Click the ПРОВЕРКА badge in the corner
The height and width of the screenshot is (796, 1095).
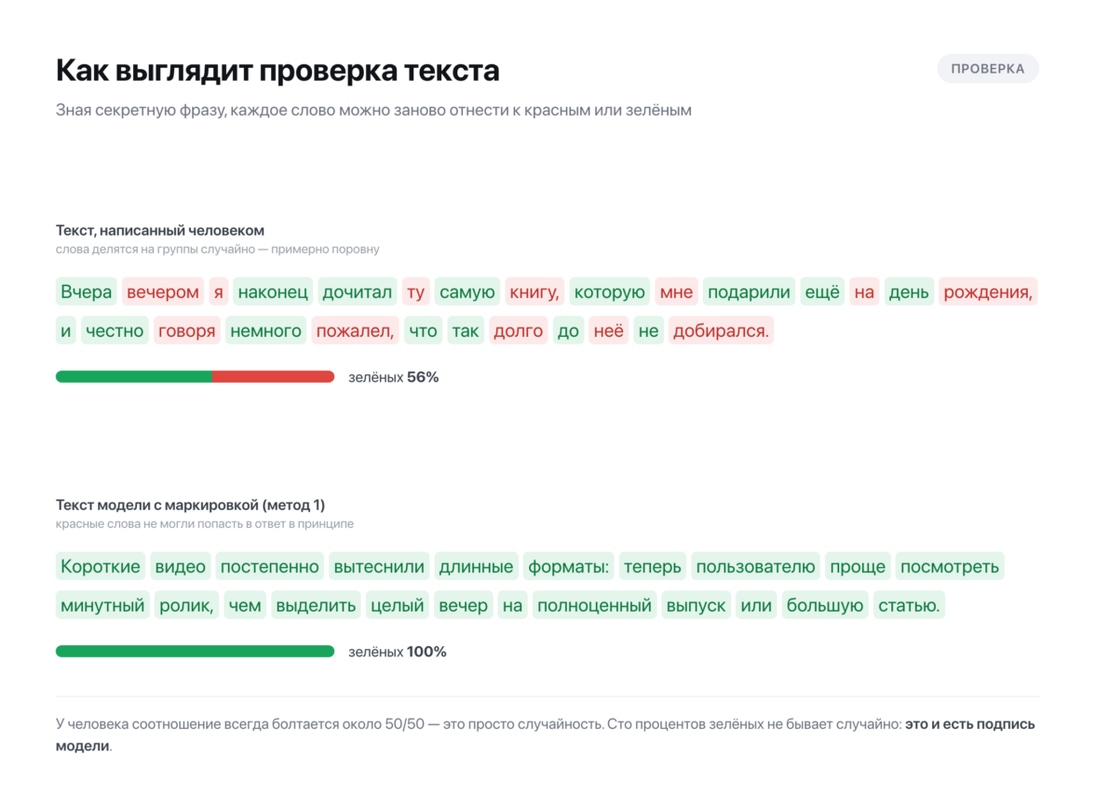click(x=987, y=69)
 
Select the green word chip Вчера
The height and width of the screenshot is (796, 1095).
click(x=86, y=292)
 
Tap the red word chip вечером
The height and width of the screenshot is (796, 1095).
click(x=163, y=292)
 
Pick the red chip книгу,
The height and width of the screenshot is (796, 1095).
click(x=534, y=292)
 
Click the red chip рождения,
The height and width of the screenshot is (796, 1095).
click(x=988, y=292)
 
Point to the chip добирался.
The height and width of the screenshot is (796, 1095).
click(x=721, y=331)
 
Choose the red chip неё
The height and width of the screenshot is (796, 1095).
click(x=608, y=331)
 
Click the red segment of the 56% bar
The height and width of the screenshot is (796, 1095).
click(x=273, y=377)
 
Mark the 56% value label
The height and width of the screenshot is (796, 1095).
click(x=423, y=377)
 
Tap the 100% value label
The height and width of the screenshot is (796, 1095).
click(x=426, y=652)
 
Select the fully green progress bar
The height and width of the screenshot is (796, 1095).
click(x=195, y=652)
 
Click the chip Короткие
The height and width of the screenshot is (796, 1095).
click(x=101, y=566)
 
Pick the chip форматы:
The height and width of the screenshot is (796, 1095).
click(x=568, y=566)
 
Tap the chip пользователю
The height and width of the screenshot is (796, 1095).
click(x=756, y=566)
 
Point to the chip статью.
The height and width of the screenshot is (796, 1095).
click(x=909, y=605)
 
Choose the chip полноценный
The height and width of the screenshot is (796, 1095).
click(x=594, y=605)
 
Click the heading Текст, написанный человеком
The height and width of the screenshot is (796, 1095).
click(x=160, y=231)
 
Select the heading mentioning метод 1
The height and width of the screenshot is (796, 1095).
click(x=190, y=505)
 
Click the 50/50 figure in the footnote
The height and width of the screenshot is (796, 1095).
click(x=404, y=724)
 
